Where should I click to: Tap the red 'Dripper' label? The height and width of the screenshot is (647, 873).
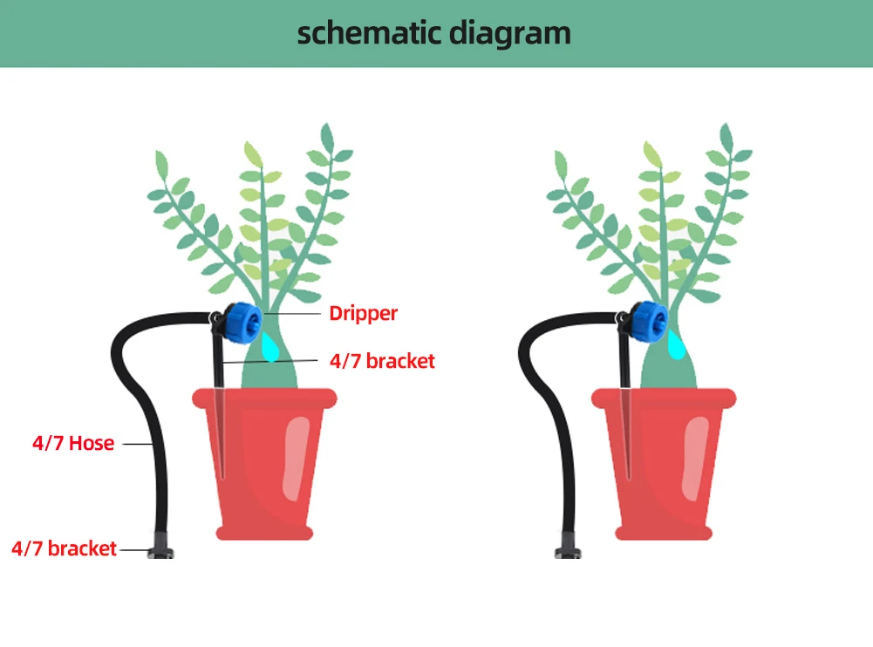(363, 313)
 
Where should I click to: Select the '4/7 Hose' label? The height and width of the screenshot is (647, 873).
(73, 443)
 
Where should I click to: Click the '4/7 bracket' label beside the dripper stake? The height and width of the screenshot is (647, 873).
(382, 360)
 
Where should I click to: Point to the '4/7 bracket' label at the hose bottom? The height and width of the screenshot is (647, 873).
(64, 548)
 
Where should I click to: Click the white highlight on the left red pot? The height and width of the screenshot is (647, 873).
(297, 460)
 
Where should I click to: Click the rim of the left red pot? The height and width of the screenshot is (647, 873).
(264, 398)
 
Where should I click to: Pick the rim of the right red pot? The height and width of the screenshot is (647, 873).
(664, 398)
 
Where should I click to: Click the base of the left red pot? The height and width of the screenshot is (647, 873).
(264, 531)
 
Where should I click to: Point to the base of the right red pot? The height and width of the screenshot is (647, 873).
(664, 531)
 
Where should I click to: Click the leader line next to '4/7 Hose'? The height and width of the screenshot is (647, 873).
(138, 444)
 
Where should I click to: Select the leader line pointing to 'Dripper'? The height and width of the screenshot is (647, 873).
(294, 313)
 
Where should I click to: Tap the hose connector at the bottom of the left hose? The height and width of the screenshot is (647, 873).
(162, 549)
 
